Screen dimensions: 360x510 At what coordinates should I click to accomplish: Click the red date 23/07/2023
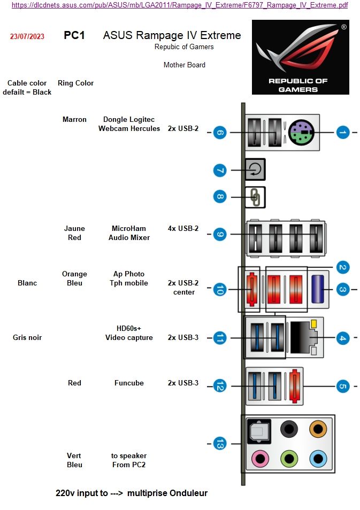click(27, 36)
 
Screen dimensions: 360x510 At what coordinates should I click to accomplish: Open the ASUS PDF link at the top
click(180, 5)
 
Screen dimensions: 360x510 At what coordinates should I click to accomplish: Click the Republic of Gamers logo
click(301, 57)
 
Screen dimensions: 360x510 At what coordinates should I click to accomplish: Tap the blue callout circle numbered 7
click(220, 171)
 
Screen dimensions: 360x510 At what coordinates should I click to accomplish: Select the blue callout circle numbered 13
click(220, 444)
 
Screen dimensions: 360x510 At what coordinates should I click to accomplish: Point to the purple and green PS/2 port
click(301, 132)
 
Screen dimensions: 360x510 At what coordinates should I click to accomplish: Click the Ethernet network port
click(304, 337)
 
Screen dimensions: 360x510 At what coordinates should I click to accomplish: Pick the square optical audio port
click(259, 431)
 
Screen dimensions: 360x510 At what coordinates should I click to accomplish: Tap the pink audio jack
click(261, 459)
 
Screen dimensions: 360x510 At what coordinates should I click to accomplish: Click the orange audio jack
click(318, 429)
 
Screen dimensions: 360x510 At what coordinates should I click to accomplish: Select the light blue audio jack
click(318, 459)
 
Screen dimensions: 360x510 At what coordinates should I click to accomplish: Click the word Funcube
click(129, 383)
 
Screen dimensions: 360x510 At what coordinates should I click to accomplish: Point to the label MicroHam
click(129, 228)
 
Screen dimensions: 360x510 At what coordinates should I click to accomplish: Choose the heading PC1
click(74, 35)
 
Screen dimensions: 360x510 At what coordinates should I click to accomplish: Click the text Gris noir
click(27, 337)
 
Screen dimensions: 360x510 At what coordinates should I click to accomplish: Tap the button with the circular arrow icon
click(255, 169)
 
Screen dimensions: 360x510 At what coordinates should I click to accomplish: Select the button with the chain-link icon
click(255, 197)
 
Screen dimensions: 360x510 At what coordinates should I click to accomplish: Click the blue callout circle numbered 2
click(342, 267)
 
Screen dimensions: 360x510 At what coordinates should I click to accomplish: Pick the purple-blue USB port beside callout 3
click(318, 289)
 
